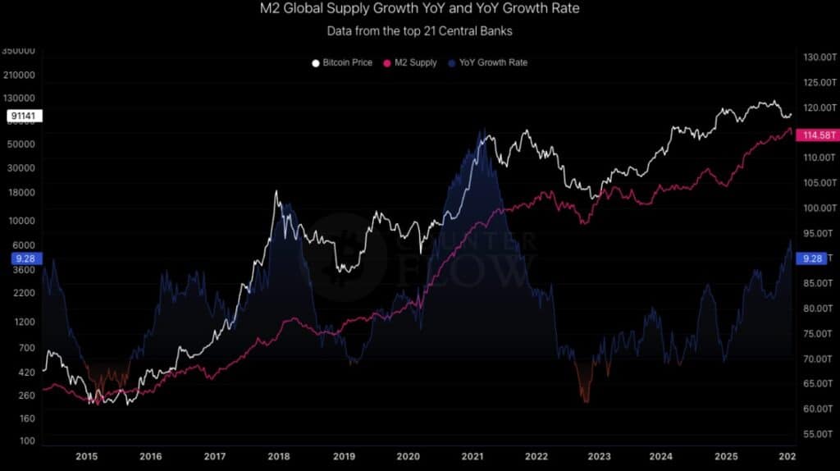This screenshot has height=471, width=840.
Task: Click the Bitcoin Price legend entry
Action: pyautogui.click(x=343, y=62)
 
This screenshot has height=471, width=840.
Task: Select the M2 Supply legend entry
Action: pyautogui.click(x=410, y=62)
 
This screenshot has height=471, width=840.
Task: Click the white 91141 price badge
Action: pyautogui.click(x=23, y=117)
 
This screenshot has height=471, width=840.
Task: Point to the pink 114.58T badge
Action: pyautogui.click(x=817, y=135)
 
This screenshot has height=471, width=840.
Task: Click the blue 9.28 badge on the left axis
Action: pyautogui.click(x=23, y=258)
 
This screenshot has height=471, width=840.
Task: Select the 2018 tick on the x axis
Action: pyautogui.click(x=279, y=456)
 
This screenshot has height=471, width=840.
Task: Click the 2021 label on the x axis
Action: pyautogui.click(x=472, y=456)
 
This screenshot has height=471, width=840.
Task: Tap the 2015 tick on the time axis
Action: pyautogui.click(x=86, y=456)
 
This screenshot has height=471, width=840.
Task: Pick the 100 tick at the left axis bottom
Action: pyautogui.click(x=27, y=441)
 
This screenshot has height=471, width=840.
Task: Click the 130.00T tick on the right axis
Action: pyautogui.click(x=818, y=57)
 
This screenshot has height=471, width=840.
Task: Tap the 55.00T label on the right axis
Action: pyautogui.click(x=818, y=433)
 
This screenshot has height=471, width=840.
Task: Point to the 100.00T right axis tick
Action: pyautogui.click(x=818, y=208)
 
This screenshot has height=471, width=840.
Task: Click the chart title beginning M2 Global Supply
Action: pyautogui.click(x=419, y=10)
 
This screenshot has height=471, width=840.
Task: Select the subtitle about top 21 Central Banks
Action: pyautogui.click(x=419, y=31)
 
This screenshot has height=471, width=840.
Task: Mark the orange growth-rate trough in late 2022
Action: pyautogui.click(x=585, y=399)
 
